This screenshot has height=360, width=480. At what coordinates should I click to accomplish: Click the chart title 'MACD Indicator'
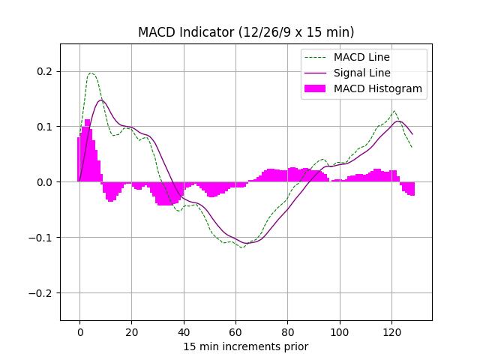[x=246, y=32]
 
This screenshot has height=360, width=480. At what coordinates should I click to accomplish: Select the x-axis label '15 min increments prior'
[x=246, y=346]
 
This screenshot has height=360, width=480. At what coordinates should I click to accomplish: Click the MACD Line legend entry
[x=361, y=57]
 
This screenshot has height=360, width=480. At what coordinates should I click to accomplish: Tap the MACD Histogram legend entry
[x=377, y=88]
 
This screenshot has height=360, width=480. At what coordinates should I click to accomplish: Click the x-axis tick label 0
[x=79, y=331]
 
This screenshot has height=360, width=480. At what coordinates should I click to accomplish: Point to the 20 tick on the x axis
[x=131, y=331]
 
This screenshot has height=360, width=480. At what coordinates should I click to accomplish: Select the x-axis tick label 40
[x=184, y=331]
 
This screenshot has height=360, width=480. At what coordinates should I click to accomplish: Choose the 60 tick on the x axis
[x=235, y=331]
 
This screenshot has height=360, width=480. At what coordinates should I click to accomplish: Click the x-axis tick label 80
[x=287, y=331]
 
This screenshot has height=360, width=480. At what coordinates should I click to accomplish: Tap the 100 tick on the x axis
[x=340, y=331]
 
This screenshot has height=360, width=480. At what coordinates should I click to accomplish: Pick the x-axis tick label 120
[x=391, y=331]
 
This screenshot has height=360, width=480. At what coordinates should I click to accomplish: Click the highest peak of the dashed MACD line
[x=91, y=73]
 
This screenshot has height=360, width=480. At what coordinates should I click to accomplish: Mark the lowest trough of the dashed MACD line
[x=241, y=247]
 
